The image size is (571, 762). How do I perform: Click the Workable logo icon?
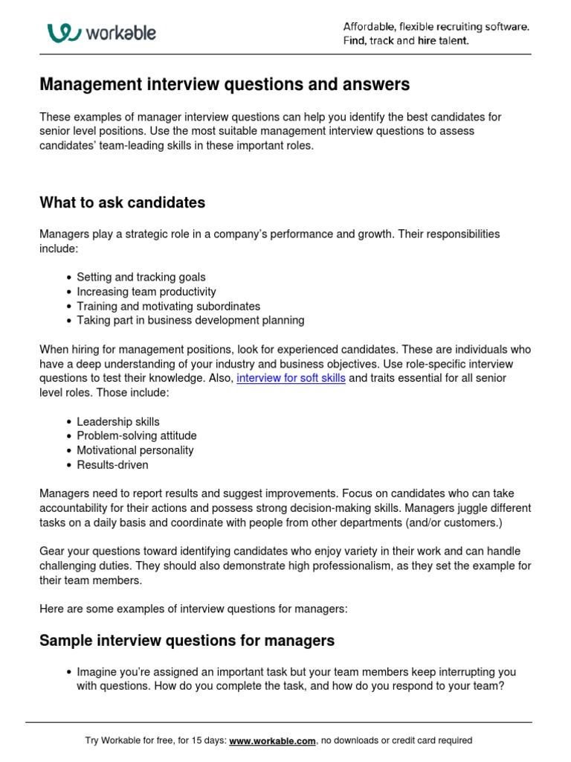(x=62, y=33)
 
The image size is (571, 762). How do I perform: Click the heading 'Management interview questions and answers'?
(x=224, y=85)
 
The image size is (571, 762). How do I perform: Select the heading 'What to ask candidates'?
(x=122, y=202)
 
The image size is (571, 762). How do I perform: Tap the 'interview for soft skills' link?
(x=291, y=378)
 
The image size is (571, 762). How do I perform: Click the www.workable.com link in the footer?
(x=273, y=740)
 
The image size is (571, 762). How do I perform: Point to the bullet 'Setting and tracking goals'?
(x=141, y=277)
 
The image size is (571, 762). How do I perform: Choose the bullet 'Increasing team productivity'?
(x=146, y=292)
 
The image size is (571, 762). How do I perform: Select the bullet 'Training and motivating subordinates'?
(x=168, y=306)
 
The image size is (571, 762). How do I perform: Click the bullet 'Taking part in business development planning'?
(x=190, y=320)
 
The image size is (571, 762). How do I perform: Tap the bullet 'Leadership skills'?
(x=117, y=421)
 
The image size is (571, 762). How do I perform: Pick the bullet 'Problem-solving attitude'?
(x=136, y=435)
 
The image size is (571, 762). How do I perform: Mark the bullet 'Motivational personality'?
(x=135, y=450)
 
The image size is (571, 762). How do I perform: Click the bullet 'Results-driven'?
(x=112, y=464)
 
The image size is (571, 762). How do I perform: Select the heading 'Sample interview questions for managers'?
(x=187, y=640)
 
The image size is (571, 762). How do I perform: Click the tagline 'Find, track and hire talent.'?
(x=406, y=41)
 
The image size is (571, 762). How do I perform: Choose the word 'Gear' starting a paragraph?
(x=52, y=551)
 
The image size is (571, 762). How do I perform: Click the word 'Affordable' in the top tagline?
(x=370, y=27)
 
